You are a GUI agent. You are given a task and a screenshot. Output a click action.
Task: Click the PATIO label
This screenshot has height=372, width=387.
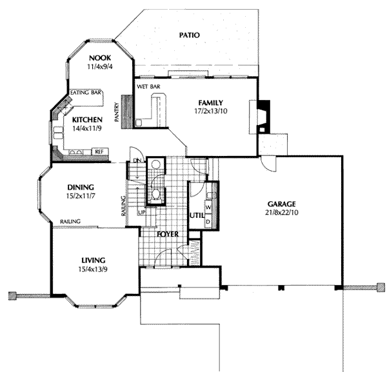pos(189,35)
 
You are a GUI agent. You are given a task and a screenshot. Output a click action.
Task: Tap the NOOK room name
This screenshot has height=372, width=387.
pos(100,58)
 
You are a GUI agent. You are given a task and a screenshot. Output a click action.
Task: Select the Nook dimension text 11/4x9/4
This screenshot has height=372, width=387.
pos(100,66)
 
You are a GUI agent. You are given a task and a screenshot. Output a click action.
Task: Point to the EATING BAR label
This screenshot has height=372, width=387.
pos(86,92)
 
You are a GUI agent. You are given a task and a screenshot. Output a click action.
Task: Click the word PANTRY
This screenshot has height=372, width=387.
pos(117,112)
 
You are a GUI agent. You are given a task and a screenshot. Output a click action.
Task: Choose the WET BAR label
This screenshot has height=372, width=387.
pos(148,86)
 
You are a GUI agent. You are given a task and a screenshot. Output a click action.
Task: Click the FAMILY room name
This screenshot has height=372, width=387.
pos(211,103)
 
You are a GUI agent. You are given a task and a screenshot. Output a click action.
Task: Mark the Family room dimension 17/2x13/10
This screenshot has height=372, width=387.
pos(211,111)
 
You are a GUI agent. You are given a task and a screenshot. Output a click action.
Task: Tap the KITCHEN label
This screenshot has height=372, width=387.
pos(87,120)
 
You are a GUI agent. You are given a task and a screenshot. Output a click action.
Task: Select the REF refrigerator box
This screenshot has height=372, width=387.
pos(100,152)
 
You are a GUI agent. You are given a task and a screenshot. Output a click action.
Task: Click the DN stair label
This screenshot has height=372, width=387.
pos(137,161)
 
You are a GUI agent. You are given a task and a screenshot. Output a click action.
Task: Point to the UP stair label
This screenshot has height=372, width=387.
pos(141,212)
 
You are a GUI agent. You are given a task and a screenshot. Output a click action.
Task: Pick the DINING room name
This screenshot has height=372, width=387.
pos(81,187)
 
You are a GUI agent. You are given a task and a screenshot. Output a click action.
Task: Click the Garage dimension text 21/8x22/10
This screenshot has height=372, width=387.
pos(282,212)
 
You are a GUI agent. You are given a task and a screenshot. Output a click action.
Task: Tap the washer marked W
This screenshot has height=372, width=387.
pos(208,207)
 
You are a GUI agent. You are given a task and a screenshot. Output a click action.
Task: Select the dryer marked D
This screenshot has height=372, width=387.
pos(208,222)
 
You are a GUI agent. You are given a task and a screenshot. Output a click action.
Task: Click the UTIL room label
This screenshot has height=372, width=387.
pos(197,215)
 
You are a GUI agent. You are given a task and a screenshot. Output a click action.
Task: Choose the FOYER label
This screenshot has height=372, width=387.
pos(168,234)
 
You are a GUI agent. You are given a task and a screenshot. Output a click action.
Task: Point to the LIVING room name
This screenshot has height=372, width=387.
pos(94,260)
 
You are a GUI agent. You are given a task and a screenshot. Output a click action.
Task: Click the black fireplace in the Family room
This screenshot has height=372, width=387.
pos(264,117)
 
